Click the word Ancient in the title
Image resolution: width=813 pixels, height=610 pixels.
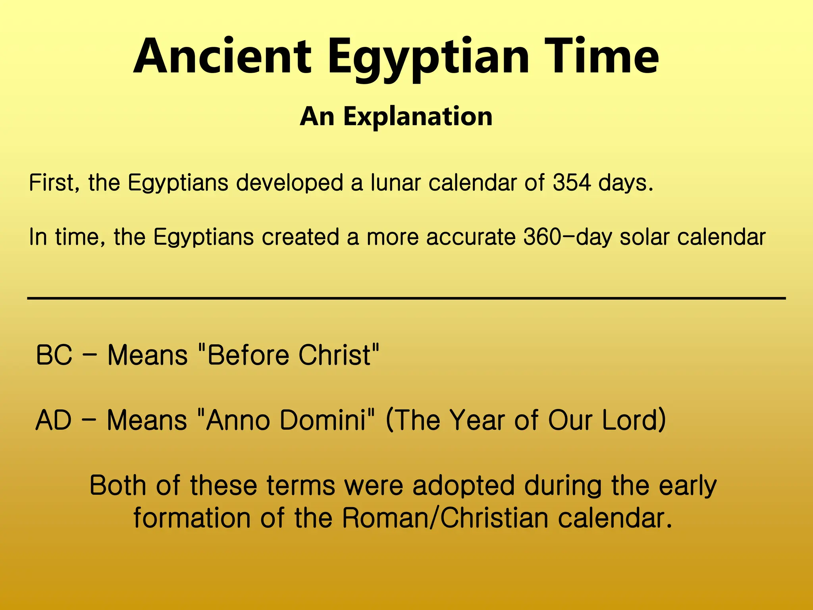click(222, 56)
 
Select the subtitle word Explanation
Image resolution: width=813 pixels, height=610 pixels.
click(418, 117)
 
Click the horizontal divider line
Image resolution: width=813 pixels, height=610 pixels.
click(406, 298)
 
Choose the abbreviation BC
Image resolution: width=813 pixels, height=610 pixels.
click(54, 355)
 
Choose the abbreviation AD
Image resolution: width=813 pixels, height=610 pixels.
click(54, 420)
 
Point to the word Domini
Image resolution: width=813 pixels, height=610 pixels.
click(322, 420)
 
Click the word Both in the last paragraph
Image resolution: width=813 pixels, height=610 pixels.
click(118, 485)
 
